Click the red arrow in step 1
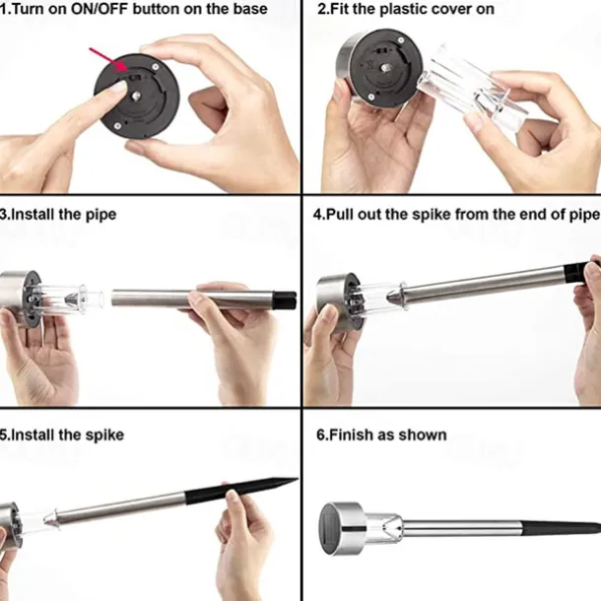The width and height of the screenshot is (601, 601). point(109,59)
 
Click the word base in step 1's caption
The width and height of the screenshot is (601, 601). point(251,9)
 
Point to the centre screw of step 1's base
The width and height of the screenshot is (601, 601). point(136,97)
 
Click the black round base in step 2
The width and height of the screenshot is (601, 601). point(385,67)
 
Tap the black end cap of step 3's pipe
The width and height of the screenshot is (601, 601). point(285,300)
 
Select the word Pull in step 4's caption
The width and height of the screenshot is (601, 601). point(340,214)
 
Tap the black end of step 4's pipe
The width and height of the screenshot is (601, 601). point(576,272)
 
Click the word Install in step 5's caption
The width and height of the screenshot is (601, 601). point(33,435)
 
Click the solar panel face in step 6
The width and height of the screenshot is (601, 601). point(330,529)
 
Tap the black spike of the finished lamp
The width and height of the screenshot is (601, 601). point(561,528)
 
